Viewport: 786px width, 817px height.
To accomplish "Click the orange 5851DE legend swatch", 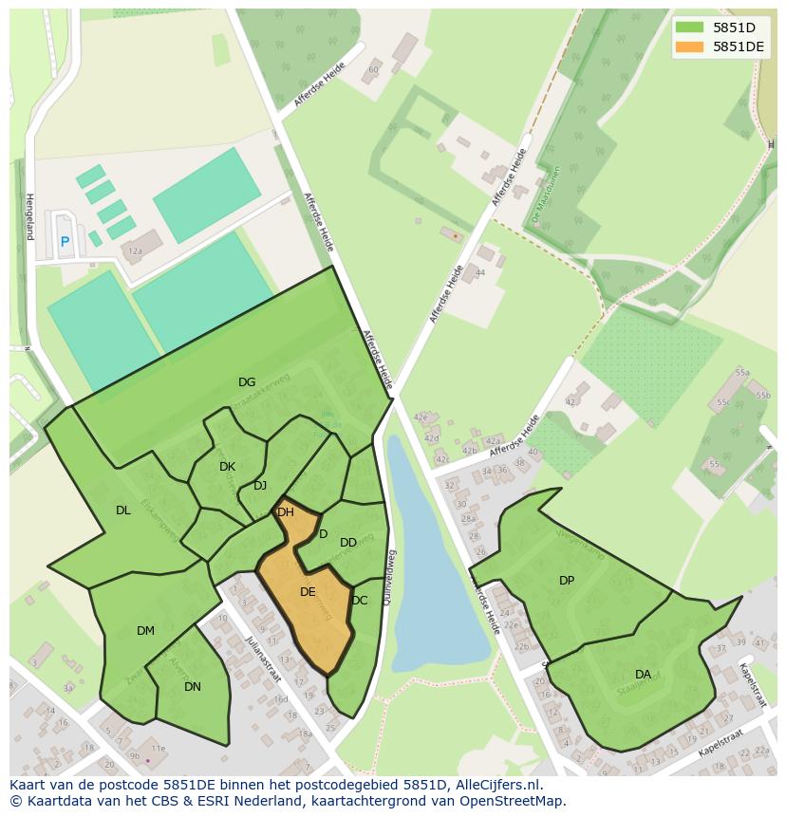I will (x=690, y=46).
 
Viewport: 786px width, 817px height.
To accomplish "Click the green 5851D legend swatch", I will (x=690, y=28).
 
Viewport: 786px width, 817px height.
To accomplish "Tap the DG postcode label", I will (x=247, y=382).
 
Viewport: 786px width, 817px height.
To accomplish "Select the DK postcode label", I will (x=227, y=467).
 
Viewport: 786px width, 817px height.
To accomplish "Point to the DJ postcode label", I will (x=260, y=486).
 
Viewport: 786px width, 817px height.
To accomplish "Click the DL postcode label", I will (x=123, y=511).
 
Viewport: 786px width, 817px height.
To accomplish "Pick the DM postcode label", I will (x=145, y=631).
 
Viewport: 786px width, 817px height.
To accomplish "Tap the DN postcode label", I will (x=193, y=687).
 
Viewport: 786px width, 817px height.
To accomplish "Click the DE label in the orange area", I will (x=308, y=592).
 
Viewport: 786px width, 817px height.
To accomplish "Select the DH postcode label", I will (x=285, y=512).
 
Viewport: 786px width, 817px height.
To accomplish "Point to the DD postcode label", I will (x=348, y=543).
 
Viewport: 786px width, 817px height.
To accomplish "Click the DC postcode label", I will (x=359, y=601).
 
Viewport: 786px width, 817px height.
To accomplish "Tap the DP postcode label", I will (x=567, y=581).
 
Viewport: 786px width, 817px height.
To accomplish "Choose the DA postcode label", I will (x=644, y=675).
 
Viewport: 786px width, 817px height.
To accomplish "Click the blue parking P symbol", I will (x=65, y=242).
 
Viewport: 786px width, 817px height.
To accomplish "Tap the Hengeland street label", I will (x=29, y=216).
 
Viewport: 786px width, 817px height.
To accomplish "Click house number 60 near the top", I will (x=374, y=69).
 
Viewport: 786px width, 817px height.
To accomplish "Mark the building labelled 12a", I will (x=136, y=251).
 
